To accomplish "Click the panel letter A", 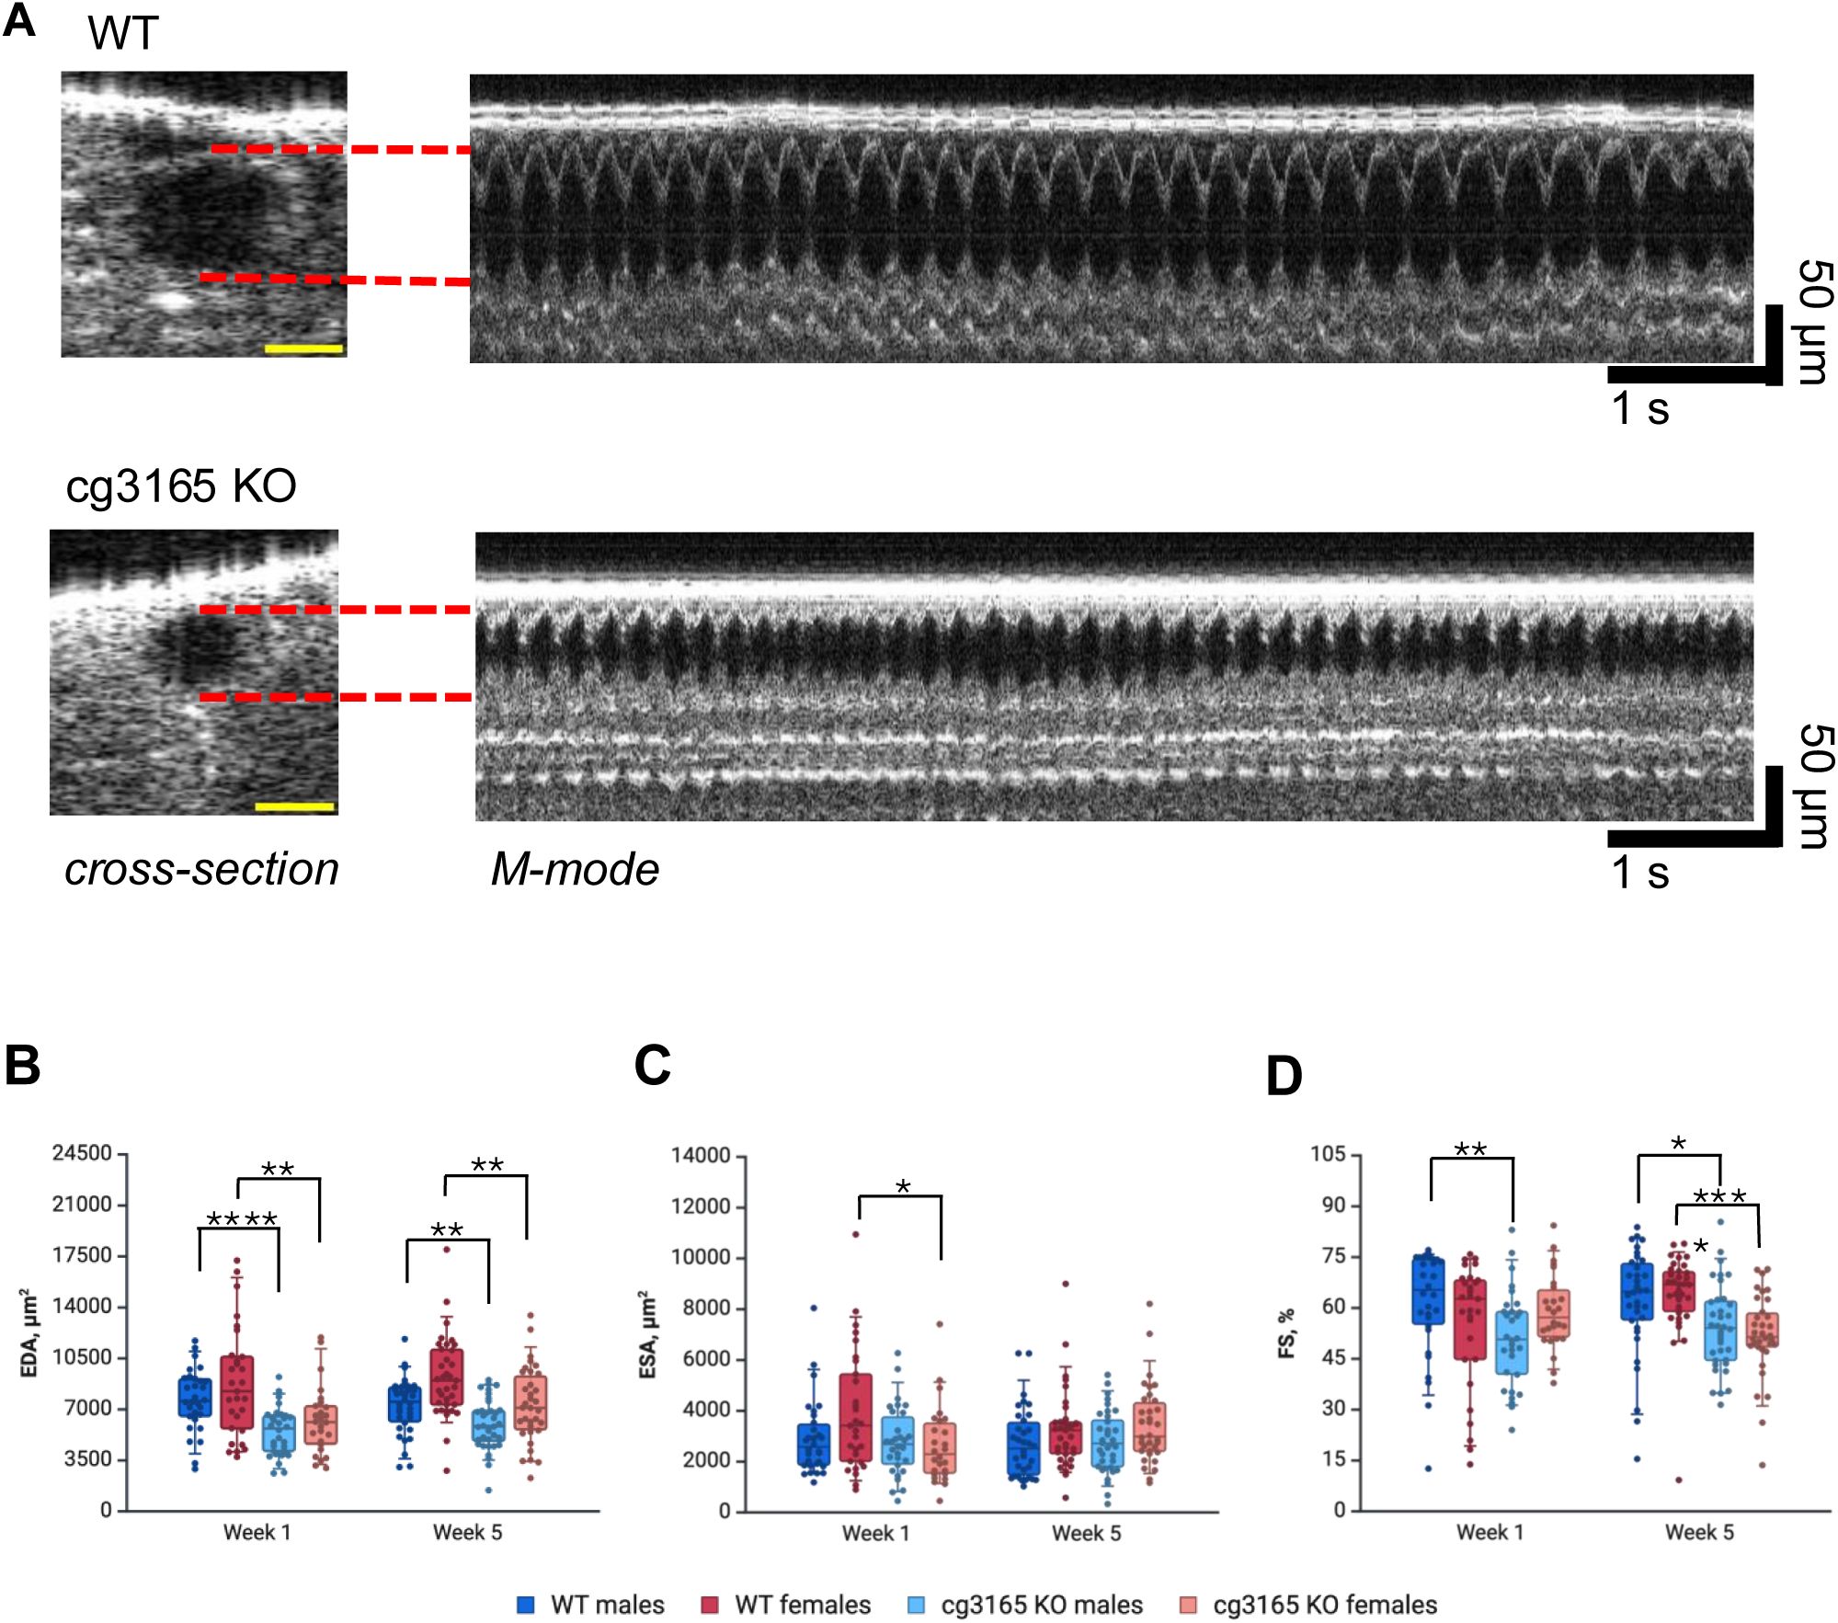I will point(19,20).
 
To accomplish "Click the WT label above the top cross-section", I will point(123,34).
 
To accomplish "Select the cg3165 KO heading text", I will point(181,486).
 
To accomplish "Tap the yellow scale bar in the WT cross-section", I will point(303,349).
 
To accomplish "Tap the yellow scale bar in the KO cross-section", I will point(294,806).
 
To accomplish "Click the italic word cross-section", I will point(201,869).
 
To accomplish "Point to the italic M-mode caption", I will point(575,869).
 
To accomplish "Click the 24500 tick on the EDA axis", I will point(82,1153).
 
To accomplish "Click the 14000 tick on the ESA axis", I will point(701,1155).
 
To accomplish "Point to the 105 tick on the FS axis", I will point(1328,1154).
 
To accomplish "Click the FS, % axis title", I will point(1286,1332).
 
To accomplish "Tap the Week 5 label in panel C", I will point(1086,1533).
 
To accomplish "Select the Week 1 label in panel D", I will point(1490,1532).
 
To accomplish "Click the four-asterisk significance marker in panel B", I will point(242,1220).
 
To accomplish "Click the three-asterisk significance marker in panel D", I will point(1719,1197).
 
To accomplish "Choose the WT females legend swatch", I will point(710,1605).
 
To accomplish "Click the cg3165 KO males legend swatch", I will point(916,1605).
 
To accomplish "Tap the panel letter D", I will point(1284,1075).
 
